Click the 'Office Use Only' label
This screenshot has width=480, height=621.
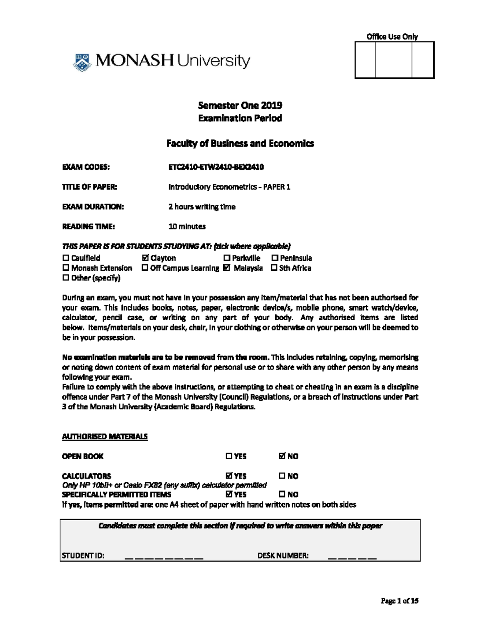392,37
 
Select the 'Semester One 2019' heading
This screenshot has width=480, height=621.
240,106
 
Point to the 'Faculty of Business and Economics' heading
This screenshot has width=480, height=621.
240,144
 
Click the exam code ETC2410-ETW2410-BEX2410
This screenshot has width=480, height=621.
216,167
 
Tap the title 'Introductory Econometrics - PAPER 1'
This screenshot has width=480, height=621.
229,187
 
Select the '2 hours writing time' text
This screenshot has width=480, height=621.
202,207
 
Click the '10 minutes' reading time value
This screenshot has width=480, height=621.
187,226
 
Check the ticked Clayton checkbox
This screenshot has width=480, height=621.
145,258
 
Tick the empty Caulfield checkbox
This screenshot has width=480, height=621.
66,258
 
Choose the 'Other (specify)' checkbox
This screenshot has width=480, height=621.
66,278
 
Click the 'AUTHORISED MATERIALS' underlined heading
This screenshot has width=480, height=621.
105,437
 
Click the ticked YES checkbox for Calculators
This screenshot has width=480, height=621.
229,476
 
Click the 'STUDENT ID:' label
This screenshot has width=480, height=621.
83,555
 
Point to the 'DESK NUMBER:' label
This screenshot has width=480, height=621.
283,555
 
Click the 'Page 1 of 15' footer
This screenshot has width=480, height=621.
400,601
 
